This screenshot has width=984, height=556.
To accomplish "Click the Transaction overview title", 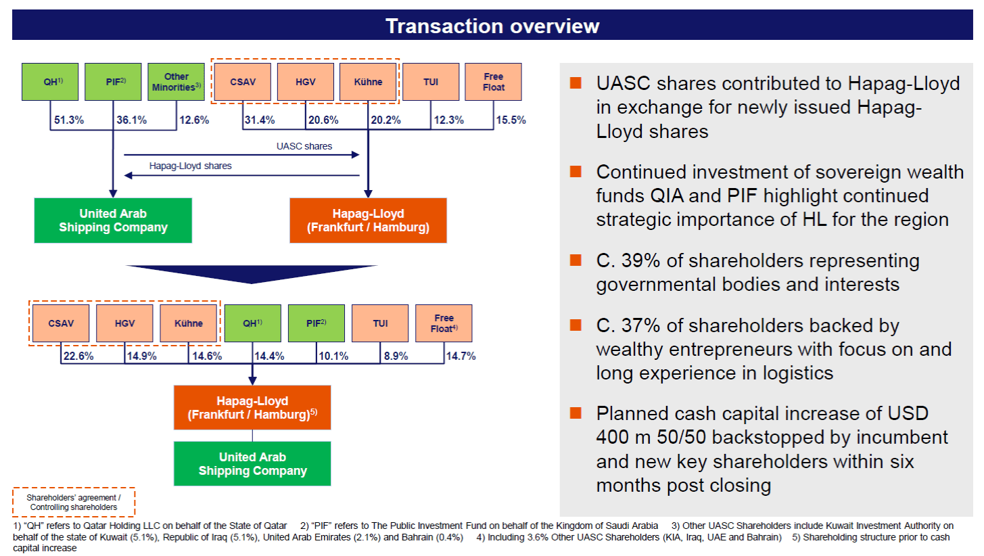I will [492, 26].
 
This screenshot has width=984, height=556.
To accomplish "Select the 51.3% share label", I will [70, 120].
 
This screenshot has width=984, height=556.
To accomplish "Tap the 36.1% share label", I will [133, 120].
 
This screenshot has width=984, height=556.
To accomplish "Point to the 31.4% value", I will [259, 120].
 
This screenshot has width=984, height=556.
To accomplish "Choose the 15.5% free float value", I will [511, 120].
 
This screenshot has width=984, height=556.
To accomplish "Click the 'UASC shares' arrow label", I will [304, 146].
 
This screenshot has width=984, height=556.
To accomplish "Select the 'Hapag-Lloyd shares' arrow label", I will [190, 166].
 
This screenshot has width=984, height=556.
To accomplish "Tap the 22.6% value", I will [78, 356].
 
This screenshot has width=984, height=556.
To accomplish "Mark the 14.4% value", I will [269, 356].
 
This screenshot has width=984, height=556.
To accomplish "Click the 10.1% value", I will [333, 356].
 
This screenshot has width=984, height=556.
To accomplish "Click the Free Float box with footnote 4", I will [444, 323].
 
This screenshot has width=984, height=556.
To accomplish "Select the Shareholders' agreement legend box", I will [74, 502].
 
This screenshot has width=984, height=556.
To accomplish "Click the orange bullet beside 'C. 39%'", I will [576, 260].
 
